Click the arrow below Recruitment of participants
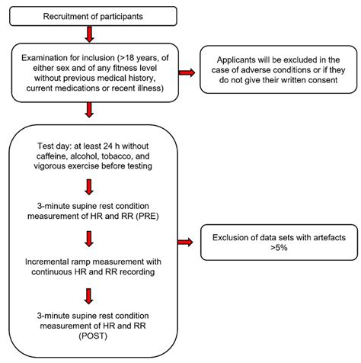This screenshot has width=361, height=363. [91, 34]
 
